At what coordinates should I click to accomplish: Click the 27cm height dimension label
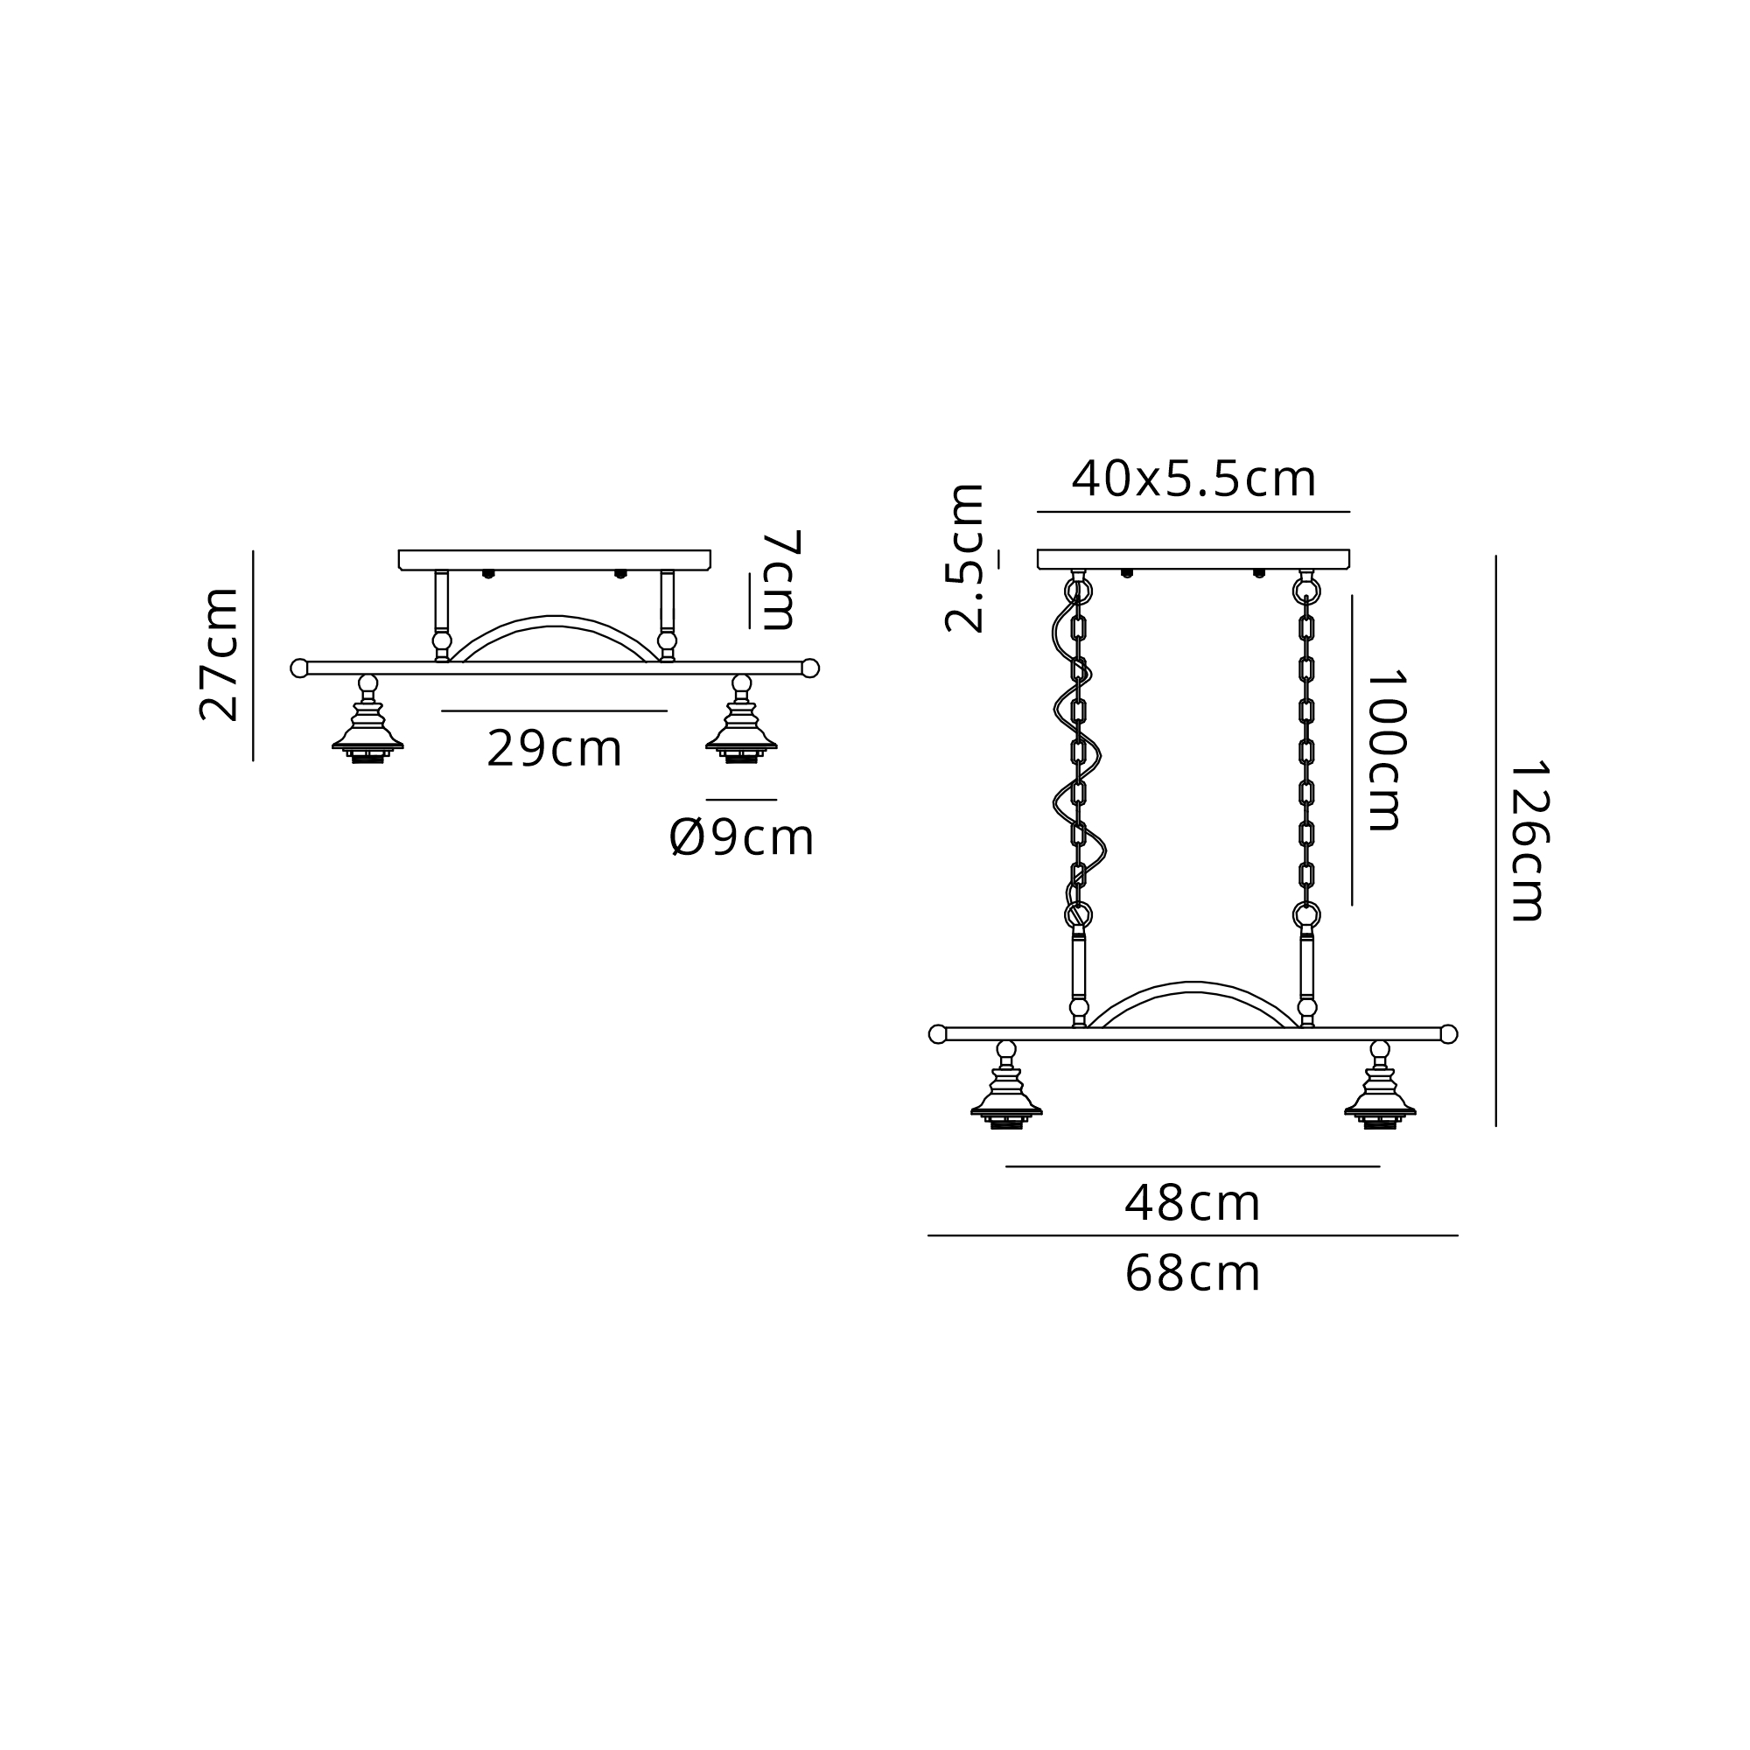220,654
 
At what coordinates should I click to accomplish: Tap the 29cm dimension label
555,749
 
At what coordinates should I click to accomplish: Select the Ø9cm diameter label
742,837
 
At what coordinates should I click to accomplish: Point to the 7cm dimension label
780,580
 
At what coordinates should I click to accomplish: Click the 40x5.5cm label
1193,479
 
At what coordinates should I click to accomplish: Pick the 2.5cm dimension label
963,558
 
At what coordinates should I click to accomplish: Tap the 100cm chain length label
1385,750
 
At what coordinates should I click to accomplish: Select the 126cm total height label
1528,841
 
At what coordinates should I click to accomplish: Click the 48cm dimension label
1192,1204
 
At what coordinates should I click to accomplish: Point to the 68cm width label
1192,1275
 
